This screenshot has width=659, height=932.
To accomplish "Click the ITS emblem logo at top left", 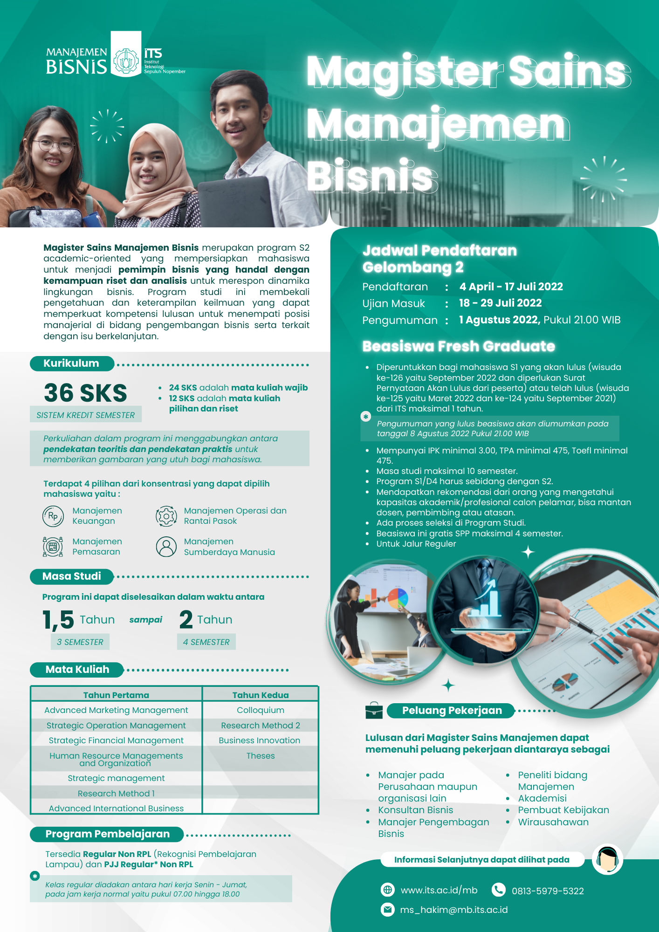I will click(x=126, y=61).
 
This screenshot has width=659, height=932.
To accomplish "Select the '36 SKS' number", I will click(x=85, y=392).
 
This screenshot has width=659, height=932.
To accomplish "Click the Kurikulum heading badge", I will click(x=72, y=363).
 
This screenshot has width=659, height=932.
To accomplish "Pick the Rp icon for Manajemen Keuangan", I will click(x=53, y=516).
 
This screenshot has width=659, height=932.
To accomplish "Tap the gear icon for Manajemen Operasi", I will click(x=166, y=516).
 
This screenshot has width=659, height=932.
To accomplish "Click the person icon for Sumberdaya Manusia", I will click(x=166, y=547).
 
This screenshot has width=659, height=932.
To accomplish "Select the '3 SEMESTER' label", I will click(x=80, y=642).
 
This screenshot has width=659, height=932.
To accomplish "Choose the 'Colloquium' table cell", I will click(x=260, y=710).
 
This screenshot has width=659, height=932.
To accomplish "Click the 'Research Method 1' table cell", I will click(x=116, y=793).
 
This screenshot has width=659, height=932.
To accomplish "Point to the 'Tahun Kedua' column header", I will click(x=260, y=695).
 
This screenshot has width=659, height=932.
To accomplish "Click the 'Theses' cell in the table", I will click(x=260, y=756).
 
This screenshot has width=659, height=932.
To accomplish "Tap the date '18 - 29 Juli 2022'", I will click(x=500, y=303).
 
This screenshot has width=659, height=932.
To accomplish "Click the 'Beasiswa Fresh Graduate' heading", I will click(x=459, y=346).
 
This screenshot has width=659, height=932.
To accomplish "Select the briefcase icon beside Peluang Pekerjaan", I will click(x=374, y=711).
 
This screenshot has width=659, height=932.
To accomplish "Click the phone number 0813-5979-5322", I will click(x=548, y=891).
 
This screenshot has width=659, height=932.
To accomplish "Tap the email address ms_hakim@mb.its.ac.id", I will click(x=453, y=910).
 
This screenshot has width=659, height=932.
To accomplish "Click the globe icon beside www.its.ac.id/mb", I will click(x=387, y=890).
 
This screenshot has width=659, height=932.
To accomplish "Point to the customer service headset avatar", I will click(x=607, y=859).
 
